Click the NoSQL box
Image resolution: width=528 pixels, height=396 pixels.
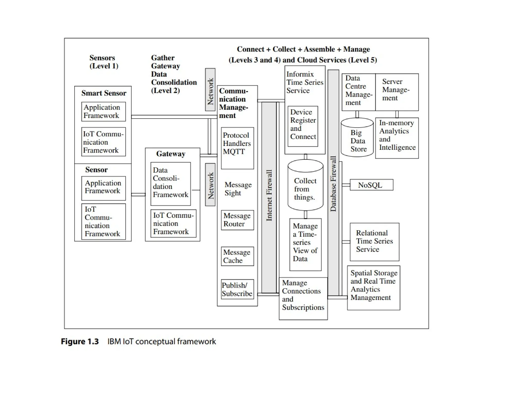371,185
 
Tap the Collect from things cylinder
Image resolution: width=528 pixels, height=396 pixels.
305,186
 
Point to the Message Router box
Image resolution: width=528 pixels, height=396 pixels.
237,220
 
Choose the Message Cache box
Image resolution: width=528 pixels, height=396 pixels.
237,256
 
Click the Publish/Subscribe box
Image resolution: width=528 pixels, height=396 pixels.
237,289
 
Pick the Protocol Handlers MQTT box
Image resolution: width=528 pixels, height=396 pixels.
237,148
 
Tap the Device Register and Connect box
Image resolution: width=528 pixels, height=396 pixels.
303,126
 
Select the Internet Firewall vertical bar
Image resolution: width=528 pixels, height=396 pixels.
269,197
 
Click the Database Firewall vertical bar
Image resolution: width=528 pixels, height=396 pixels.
333,183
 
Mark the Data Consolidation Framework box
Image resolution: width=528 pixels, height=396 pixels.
170,184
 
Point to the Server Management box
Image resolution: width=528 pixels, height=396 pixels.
397,92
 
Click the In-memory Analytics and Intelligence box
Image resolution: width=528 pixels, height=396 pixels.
397,138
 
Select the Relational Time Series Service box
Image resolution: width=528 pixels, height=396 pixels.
374,242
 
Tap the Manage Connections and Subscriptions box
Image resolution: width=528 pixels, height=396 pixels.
303,298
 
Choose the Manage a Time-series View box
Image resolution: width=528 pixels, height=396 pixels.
305,244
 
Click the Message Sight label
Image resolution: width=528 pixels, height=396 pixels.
238,189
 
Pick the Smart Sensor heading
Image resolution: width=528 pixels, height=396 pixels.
104,93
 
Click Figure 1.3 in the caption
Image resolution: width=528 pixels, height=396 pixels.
80,342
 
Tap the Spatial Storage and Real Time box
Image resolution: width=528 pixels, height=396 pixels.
374,287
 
